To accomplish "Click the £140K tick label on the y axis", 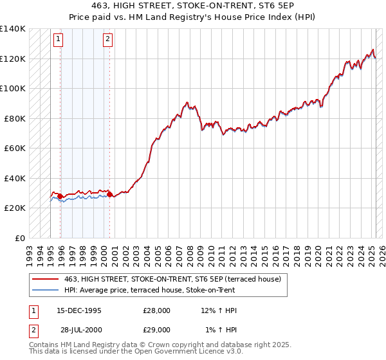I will (x=12, y=29).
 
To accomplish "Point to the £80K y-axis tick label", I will (x=14, y=118).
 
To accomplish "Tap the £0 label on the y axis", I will (x=20, y=238).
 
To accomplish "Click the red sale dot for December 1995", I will (x=60, y=196).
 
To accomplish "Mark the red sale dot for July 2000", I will (x=110, y=194).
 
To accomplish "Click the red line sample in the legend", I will (x=46, y=279).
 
